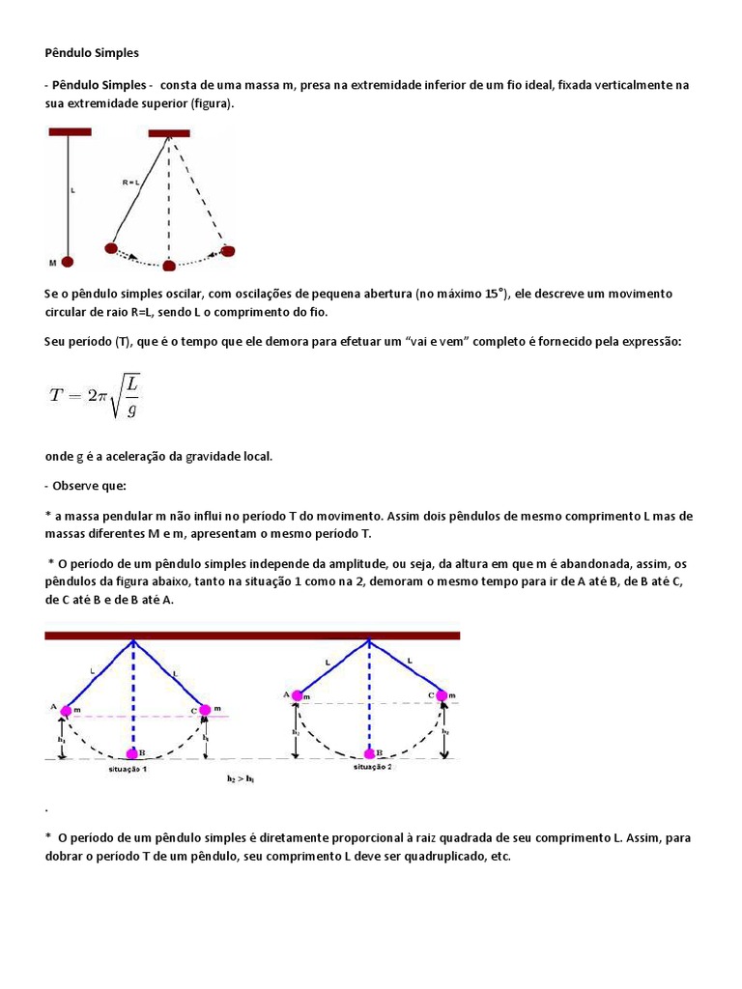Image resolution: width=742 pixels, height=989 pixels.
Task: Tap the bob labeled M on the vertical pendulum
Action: point(68,262)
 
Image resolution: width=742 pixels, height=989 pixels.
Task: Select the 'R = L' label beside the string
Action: point(130,182)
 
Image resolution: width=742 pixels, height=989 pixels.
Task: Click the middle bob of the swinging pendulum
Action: point(169,266)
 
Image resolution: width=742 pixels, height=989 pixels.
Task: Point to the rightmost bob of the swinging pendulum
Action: point(228,251)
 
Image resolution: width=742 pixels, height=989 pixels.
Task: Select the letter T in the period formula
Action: point(55,394)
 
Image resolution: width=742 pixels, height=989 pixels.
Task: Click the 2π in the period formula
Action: point(97,394)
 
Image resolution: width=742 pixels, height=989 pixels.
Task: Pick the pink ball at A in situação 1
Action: point(66,712)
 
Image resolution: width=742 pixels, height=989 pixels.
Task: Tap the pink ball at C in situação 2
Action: point(442,694)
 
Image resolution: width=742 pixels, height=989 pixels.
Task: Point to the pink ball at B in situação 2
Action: point(368,752)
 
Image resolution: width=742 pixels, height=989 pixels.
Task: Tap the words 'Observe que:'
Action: point(89,485)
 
